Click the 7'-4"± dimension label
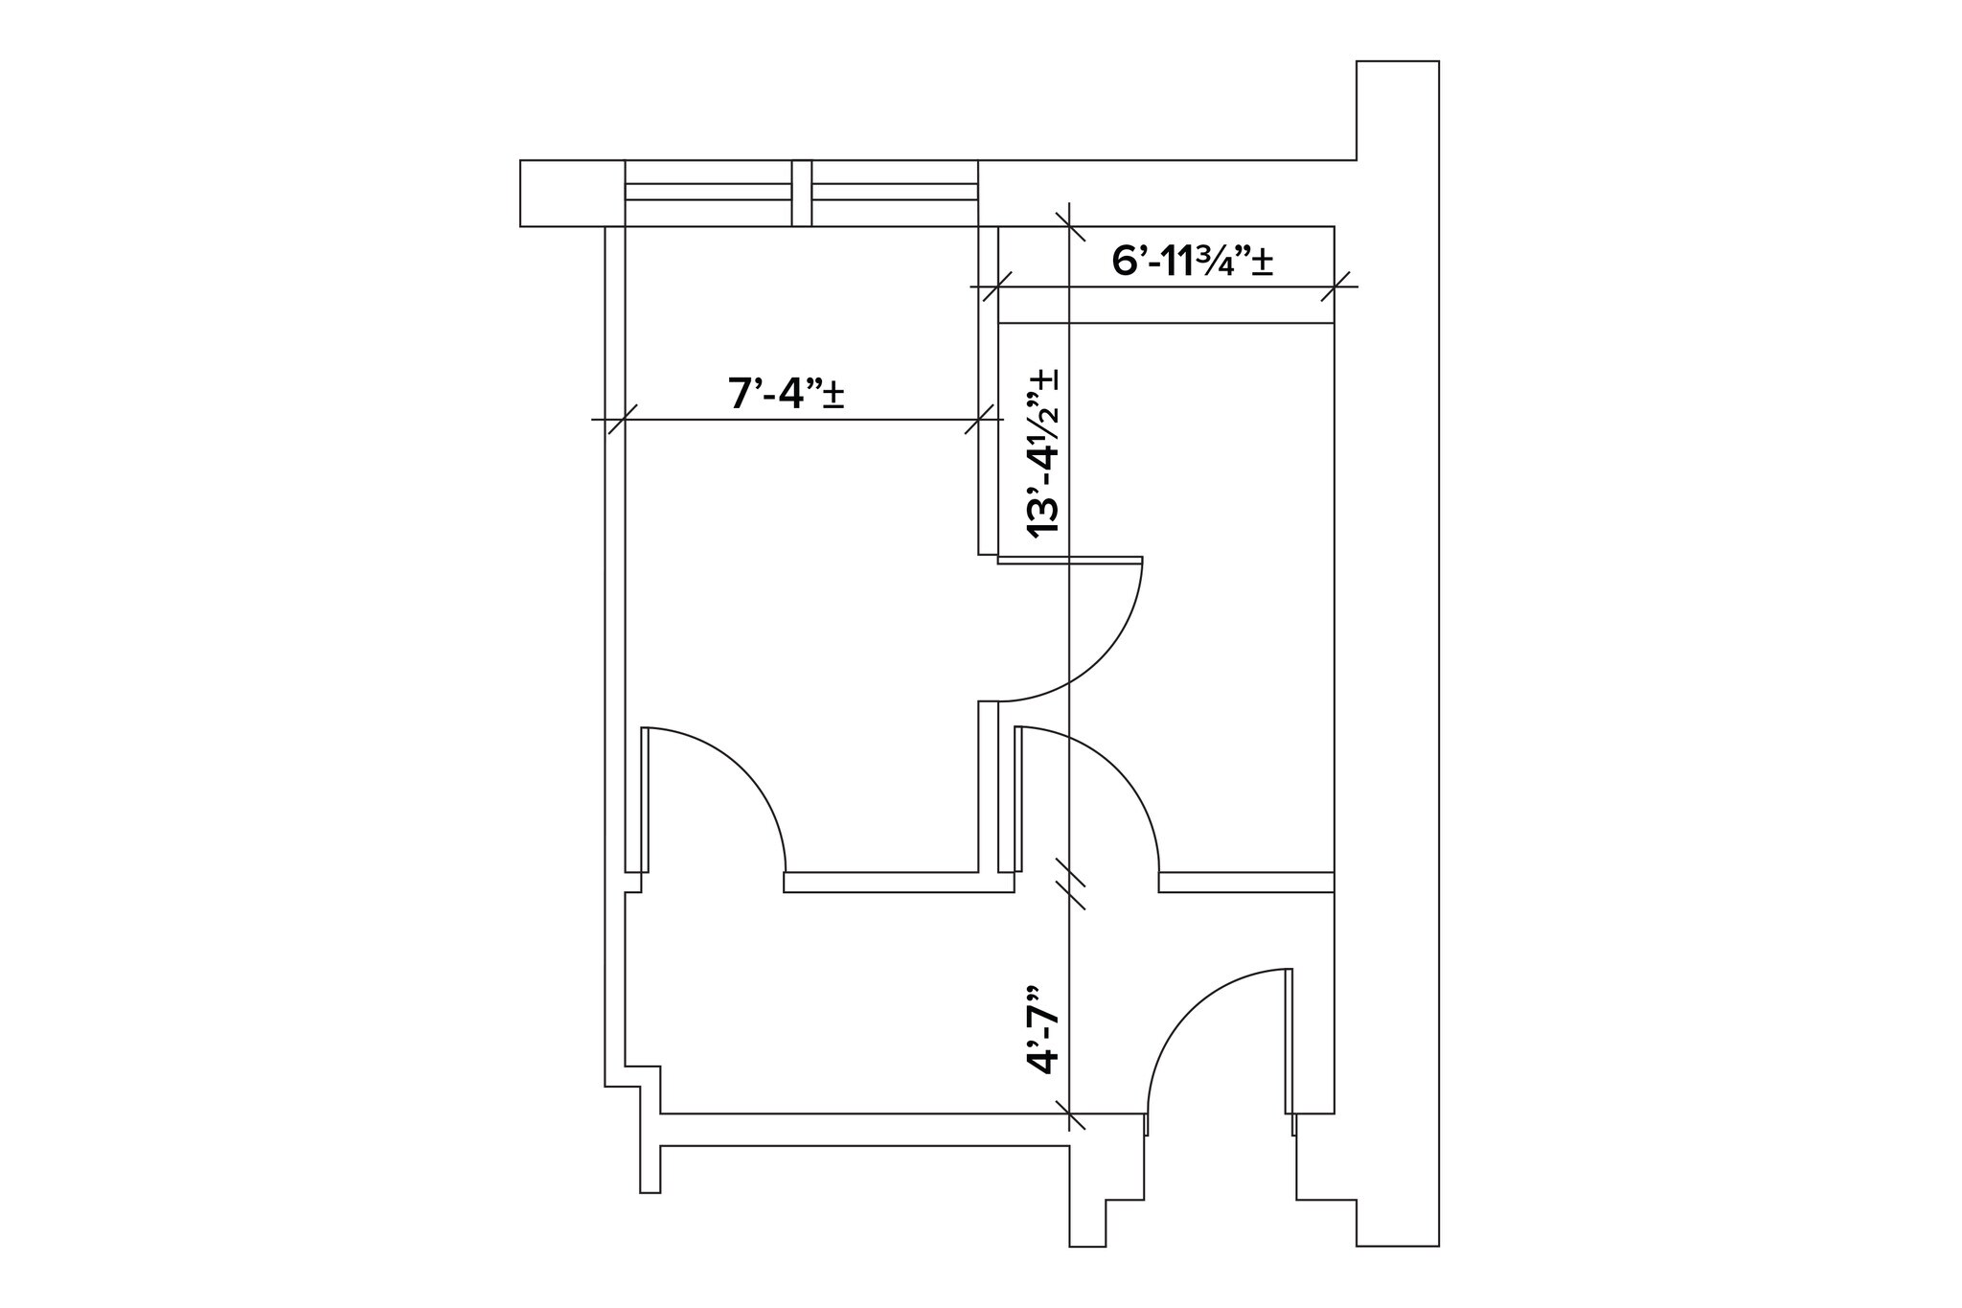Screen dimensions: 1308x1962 (x=786, y=394)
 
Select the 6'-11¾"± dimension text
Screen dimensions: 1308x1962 (x=1192, y=261)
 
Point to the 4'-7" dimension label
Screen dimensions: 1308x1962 (x=1043, y=1029)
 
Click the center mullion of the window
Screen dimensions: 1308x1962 (x=802, y=193)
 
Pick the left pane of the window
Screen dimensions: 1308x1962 (x=708, y=192)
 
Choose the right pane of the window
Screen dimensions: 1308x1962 (x=895, y=192)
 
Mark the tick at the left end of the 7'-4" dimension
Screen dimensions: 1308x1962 (x=623, y=420)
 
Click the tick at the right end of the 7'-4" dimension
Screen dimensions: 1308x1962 (x=979, y=420)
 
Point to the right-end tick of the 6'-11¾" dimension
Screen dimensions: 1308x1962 (x=1335, y=287)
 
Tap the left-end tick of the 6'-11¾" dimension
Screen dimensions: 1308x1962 (x=997, y=287)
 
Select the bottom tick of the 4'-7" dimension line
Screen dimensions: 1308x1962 (x=1069, y=1114)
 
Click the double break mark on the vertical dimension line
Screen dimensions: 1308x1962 (x=1069, y=883)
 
